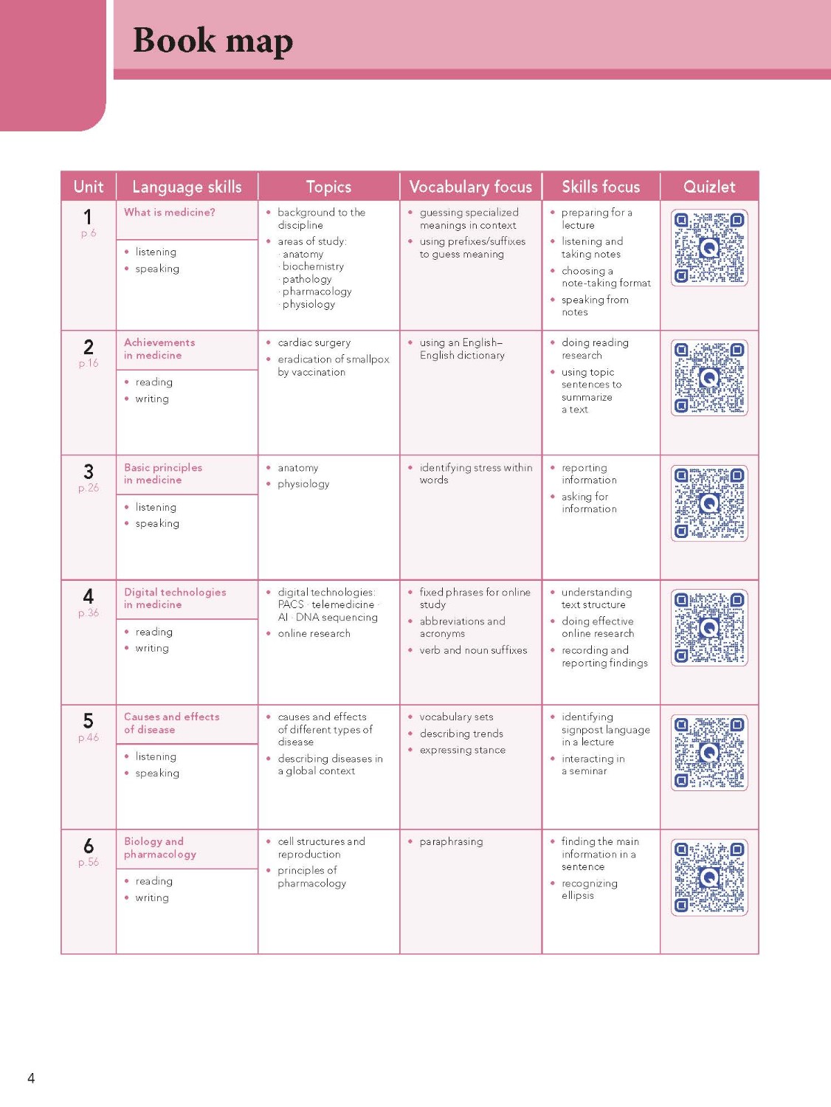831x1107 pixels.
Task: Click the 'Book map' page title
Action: click(x=213, y=41)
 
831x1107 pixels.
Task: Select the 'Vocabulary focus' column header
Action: click(x=470, y=187)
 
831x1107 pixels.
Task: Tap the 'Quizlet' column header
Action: click(x=708, y=187)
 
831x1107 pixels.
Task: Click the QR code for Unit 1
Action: click(x=708, y=248)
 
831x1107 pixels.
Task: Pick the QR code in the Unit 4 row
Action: click(x=708, y=628)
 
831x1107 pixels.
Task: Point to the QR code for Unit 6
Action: click(x=708, y=877)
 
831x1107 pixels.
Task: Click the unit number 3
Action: click(x=89, y=472)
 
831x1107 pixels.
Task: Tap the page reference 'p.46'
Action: click(x=89, y=737)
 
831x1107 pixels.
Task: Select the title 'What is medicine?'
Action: click(x=170, y=213)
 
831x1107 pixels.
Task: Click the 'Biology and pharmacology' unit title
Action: click(x=159, y=848)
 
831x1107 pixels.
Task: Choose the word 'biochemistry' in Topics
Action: click(x=313, y=266)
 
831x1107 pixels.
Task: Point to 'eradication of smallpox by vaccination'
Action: click(x=333, y=365)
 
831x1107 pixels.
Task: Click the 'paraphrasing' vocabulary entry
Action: click(x=451, y=841)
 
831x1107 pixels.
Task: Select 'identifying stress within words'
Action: click(x=475, y=474)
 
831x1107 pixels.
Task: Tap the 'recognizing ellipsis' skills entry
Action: click(x=589, y=889)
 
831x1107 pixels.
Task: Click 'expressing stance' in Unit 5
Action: click(x=463, y=750)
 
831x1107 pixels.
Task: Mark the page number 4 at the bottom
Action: click(x=31, y=1078)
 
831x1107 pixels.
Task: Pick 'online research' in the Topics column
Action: click(x=314, y=633)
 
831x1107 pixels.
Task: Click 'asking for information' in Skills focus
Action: click(x=588, y=503)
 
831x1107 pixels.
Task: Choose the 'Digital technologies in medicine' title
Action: click(x=175, y=599)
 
